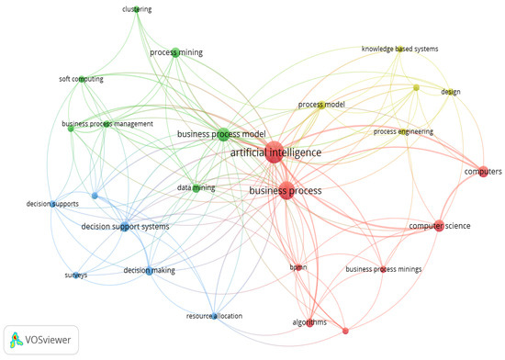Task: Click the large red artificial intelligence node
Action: coord(274,153)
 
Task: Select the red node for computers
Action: coord(483,171)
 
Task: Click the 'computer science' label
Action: coord(439,225)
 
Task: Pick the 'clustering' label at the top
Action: coord(137,9)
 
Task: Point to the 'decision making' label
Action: coord(149,271)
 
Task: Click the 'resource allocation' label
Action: coord(214,316)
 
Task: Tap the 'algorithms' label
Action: coord(310,322)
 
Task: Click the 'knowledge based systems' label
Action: coord(399,50)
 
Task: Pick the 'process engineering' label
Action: coord(403,132)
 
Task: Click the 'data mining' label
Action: coord(196,187)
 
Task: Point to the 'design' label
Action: coord(450,92)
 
